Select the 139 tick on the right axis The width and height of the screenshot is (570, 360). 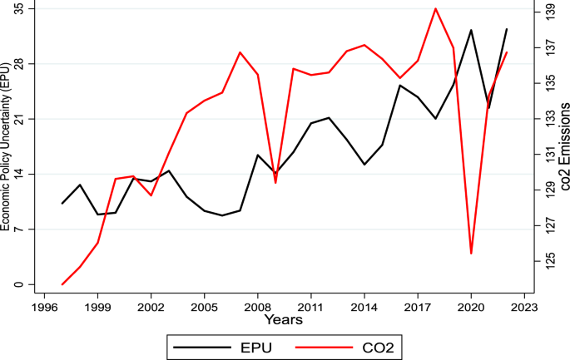tap(549, 11)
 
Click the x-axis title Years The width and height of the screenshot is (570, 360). tap(283, 319)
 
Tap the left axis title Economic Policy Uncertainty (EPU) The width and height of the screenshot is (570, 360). tap(6, 146)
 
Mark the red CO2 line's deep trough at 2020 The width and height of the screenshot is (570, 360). tap(471, 253)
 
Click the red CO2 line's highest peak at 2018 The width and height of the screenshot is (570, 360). tap(435, 8)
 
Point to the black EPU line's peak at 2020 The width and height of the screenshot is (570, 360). tap(471, 30)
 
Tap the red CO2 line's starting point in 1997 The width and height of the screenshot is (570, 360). tap(62, 284)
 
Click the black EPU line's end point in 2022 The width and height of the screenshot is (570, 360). tap(507, 29)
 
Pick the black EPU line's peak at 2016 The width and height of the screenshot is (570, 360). tap(400, 85)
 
